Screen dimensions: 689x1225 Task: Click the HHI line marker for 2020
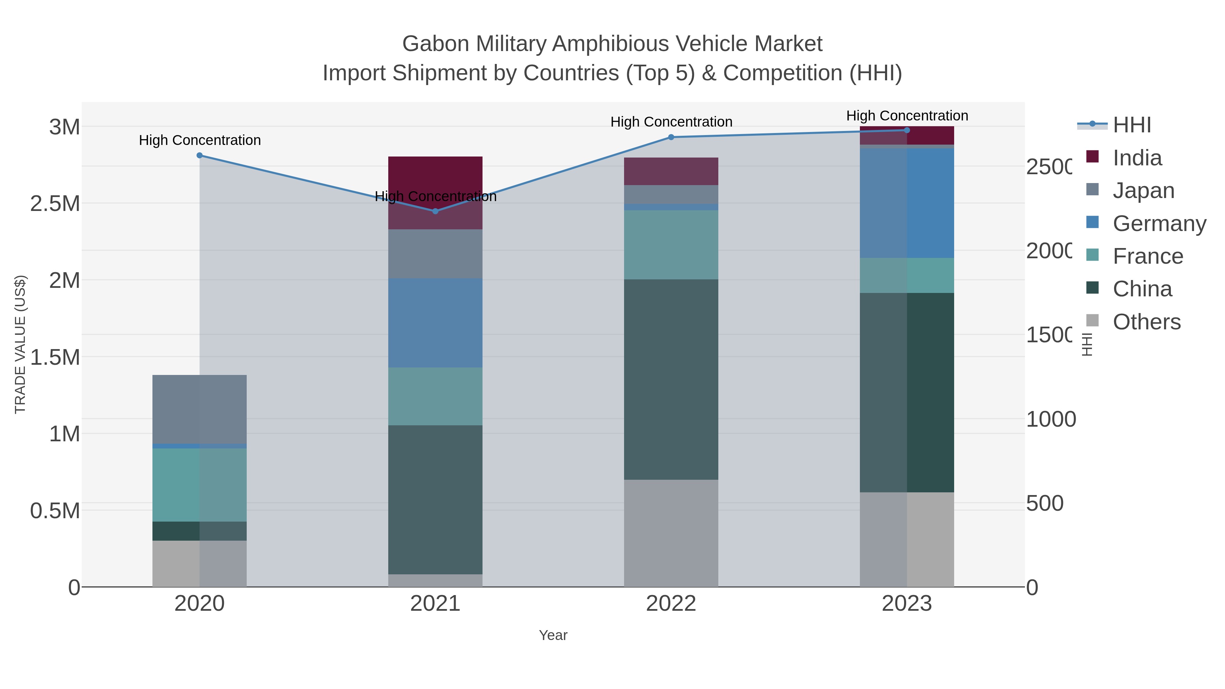pyautogui.click(x=199, y=155)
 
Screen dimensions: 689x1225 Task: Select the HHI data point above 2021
pyautogui.click(x=435, y=211)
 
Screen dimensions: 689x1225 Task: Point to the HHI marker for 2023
pyautogui.click(x=906, y=130)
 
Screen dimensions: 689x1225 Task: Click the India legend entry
pyautogui.click(x=1137, y=158)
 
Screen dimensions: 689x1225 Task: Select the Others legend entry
pyautogui.click(x=1146, y=322)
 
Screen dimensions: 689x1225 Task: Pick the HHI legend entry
pyautogui.click(x=1131, y=125)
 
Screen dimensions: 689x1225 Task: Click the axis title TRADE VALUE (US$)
pyautogui.click(x=20, y=344)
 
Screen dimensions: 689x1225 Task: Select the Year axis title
pyautogui.click(x=553, y=635)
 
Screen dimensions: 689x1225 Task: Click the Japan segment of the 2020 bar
pyautogui.click(x=199, y=409)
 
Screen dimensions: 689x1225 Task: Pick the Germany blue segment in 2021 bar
pyautogui.click(x=435, y=323)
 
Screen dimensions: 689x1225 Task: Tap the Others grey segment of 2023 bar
pyautogui.click(x=906, y=539)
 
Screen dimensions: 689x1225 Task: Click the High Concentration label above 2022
pyautogui.click(x=671, y=122)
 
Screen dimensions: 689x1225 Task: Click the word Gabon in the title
pyautogui.click(x=436, y=44)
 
